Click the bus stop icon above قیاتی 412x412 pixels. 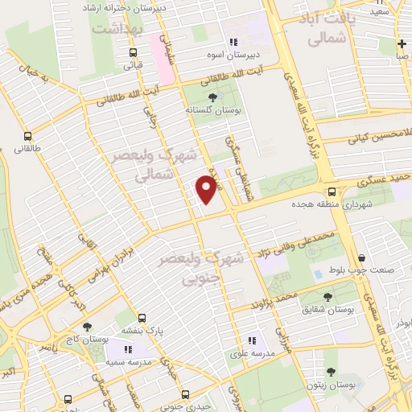(135, 51)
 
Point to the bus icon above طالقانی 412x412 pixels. (27, 136)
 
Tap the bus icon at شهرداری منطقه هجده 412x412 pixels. (332, 192)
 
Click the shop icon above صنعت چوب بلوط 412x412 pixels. (360, 258)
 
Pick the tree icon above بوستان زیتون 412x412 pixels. (331, 372)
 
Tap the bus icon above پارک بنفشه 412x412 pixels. (142, 318)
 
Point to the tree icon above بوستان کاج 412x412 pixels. (87, 327)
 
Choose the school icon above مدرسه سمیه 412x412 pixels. (128, 350)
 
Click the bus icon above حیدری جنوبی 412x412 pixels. (186, 394)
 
